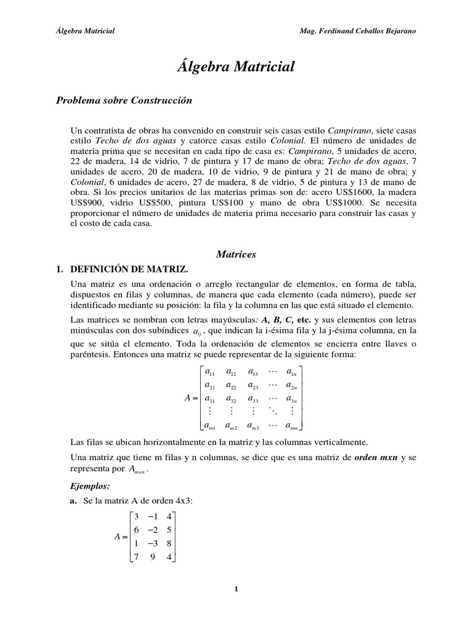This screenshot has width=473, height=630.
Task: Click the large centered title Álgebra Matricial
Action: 236,66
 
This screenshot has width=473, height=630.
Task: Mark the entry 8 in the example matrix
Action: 168,544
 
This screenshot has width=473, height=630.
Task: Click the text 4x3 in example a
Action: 183,501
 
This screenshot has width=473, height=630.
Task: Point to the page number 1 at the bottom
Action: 236,589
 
